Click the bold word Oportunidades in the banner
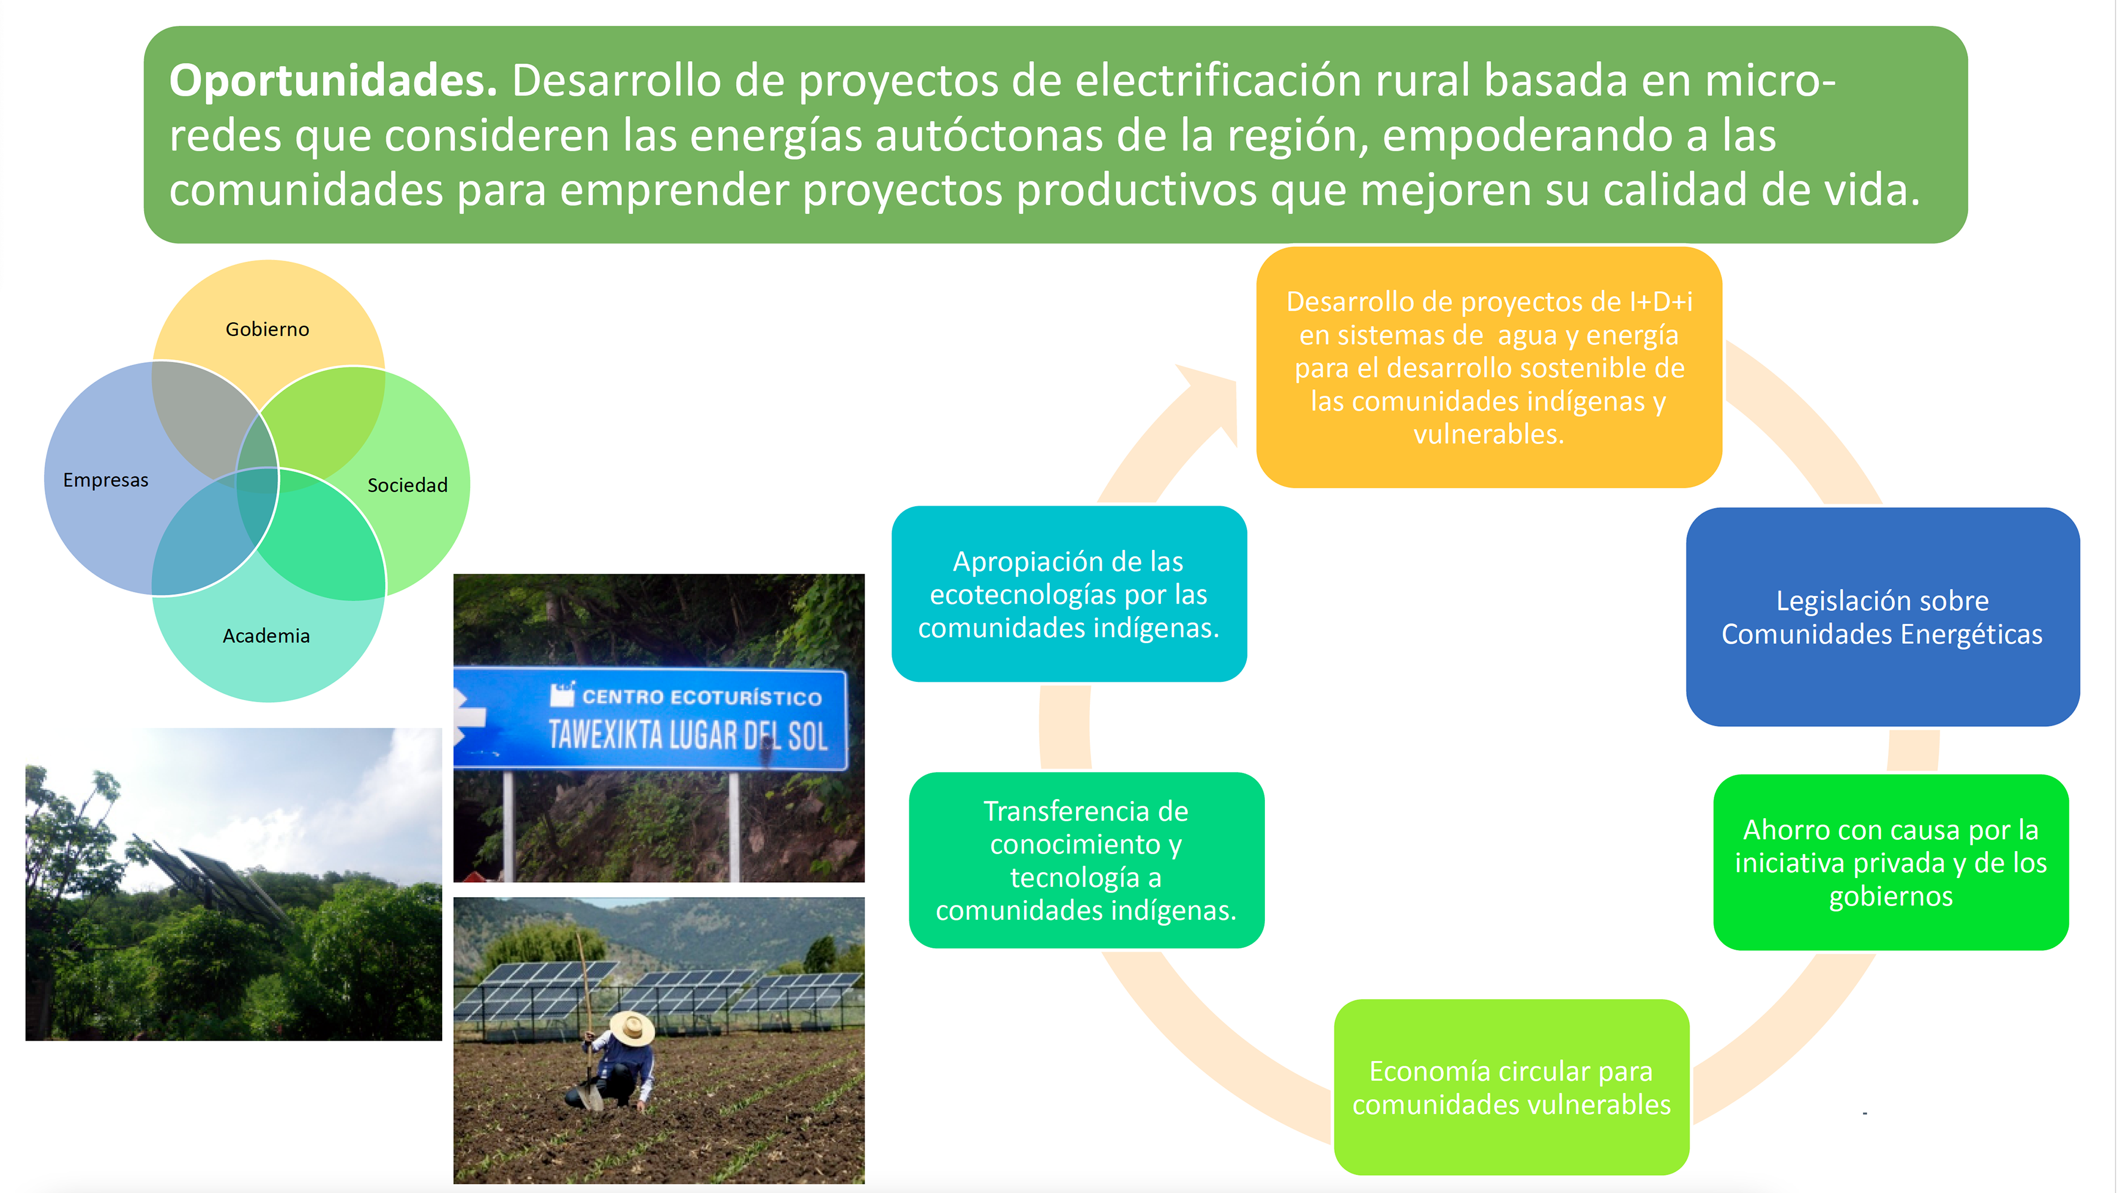pos(333,81)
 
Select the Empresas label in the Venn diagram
pos(106,480)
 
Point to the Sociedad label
pos(408,485)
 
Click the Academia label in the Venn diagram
pos(266,635)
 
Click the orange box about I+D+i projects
pos(1489,367)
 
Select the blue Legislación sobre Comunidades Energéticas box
pos(1882,617)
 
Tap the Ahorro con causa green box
pos(1890,862)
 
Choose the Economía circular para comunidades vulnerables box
pos(1511,1087)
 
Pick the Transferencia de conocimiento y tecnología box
pos(1086,860)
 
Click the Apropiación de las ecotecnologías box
pos(1068,594)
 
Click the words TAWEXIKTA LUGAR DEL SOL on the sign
pos(688,735)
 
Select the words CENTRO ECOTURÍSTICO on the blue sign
pos(702,698)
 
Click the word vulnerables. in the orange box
pos(1488,434)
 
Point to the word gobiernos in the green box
pos(1890,896)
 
